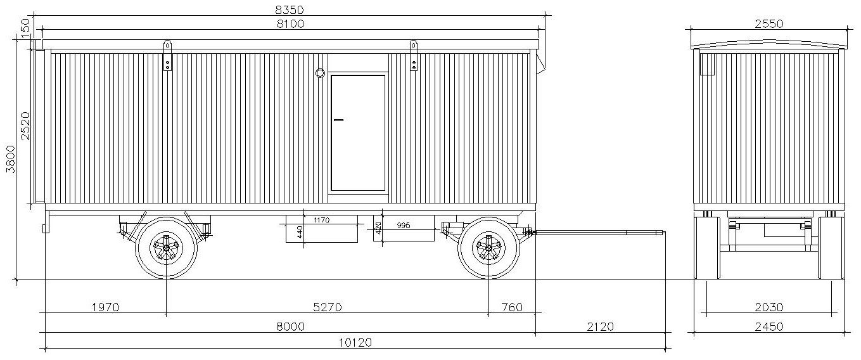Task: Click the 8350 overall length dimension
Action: click(x=290, y=10)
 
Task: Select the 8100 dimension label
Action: click(x=290, y=24)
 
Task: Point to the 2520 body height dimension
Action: click(x=25, y=125)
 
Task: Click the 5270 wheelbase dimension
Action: click(x=327, y=307)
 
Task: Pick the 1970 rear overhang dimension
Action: click(x=106, y=307)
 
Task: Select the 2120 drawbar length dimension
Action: click(x=600, y=326)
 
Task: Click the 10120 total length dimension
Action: click(x=355, y=342)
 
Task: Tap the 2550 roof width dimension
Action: click(x=769, y=24)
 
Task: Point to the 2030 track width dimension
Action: click(x=769, y=307)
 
